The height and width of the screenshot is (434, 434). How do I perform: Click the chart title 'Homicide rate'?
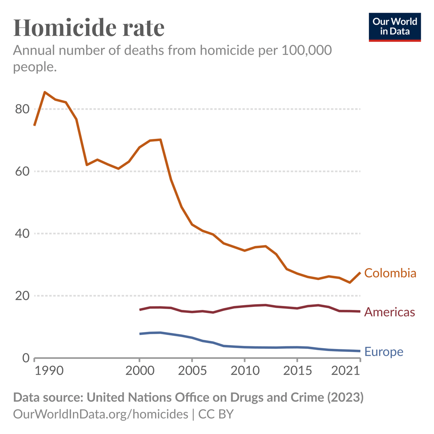tap(89, 27)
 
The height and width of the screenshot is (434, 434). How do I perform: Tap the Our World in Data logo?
tap(395, 27)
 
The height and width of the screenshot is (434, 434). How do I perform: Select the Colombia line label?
tap(390, 273)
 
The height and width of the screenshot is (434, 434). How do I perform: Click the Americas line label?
tap(389, 312)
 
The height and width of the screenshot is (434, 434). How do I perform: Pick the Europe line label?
tap(384, 351)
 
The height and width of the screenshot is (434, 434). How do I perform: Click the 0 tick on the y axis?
tap(25, 358)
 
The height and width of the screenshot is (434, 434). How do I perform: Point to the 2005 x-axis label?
tap(192, 372)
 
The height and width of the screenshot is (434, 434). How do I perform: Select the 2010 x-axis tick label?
tap(244, 372)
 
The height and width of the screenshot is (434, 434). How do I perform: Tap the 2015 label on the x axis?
tap(297, 372)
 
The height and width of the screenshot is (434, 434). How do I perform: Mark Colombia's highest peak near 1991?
tap(45, 92)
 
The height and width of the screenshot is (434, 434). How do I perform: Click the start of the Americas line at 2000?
tap(140, 309)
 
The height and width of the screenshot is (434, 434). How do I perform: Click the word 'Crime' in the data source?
tap(306, 398)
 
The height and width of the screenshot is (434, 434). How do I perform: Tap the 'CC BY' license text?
tap(216, 414)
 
